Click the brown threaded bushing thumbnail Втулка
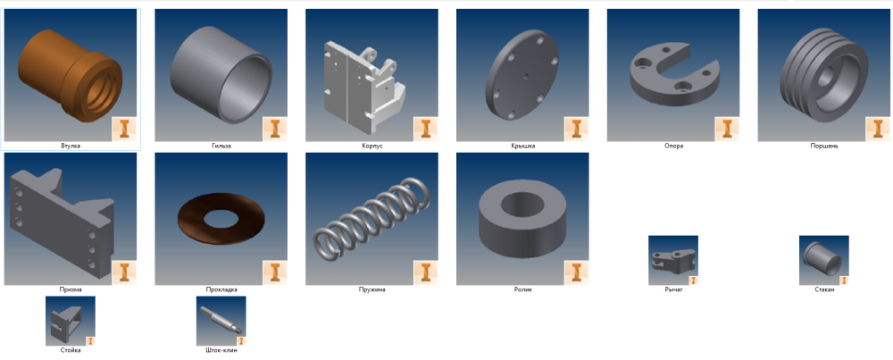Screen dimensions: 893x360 click(71, 75)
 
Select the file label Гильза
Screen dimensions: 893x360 click(221, 146)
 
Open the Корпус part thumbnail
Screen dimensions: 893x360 click(371, 75)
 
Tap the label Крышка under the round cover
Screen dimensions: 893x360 click(522, 146)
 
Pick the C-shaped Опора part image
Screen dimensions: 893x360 click(673, 75)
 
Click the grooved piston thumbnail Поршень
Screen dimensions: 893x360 click(824, 75)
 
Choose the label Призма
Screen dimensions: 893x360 click(71, 289)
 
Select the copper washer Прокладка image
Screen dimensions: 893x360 click(221, 219)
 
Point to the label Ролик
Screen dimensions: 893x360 click(522, 289)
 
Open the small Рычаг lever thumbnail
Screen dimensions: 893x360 click(673, 260)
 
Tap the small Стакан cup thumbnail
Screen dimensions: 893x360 click(824, 260)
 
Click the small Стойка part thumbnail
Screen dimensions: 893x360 click(71, 321)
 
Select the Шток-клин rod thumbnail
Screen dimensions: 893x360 click(221, 321)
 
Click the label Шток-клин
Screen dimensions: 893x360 click(221, 350)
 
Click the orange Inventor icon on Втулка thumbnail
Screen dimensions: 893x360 click(124, 129)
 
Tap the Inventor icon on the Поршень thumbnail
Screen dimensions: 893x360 click(878, 129)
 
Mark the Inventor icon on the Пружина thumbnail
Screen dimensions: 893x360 click(425, 272)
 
